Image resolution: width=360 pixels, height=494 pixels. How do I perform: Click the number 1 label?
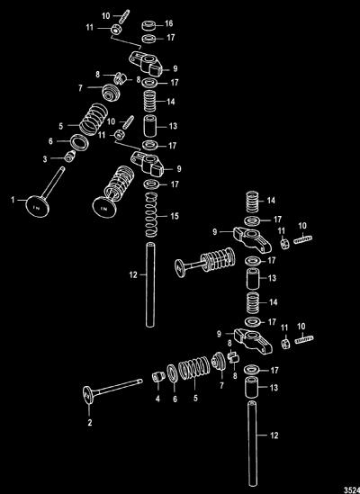(13, 200)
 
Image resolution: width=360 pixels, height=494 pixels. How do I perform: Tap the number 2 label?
(90, 423)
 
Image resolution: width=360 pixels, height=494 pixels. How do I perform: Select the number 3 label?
(45, 159)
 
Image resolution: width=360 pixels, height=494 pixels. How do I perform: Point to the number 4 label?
(157, 399)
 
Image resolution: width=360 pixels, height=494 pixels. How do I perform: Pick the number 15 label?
(175, 216)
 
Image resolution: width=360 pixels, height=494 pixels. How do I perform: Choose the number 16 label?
(169, 23)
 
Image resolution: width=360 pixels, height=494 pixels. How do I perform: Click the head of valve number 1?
(38, 206)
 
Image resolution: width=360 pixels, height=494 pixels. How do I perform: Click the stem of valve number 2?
(117, 387)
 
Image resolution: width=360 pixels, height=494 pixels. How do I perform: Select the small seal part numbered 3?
(70, 156)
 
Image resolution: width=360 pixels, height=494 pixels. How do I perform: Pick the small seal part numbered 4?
(158, 376)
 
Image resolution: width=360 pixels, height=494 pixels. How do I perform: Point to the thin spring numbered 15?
(151, 214)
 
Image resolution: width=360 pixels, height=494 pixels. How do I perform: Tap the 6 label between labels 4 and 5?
(175, 399)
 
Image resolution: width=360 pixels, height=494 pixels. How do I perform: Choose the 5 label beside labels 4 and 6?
(195, 399)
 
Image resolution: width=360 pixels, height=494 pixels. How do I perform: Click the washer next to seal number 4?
(172, 373)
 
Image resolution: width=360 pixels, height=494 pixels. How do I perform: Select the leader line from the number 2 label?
(90, 409)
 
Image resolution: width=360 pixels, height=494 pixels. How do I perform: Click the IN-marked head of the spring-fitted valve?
(103, 208)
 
